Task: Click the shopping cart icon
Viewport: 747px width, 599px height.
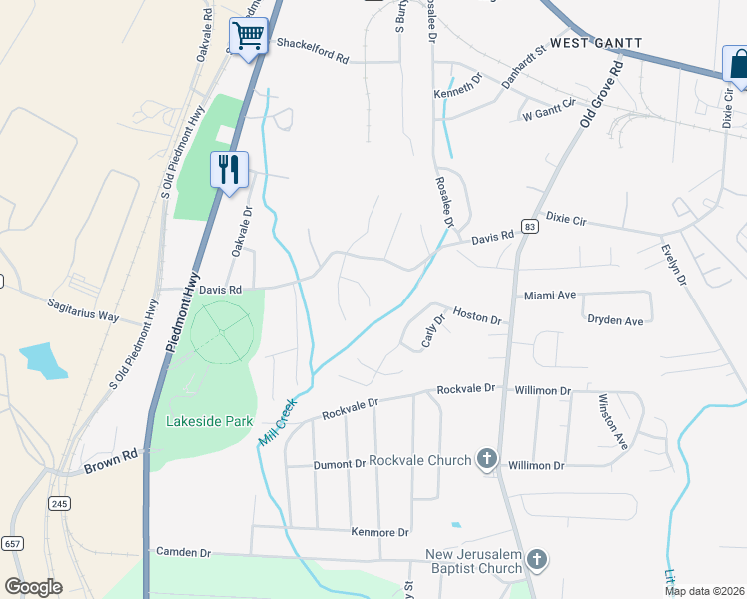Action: (x=250, y=37)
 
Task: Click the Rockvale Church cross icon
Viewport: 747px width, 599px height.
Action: (x=486, y=460)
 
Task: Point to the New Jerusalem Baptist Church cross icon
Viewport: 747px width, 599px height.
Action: (x=537, y=560)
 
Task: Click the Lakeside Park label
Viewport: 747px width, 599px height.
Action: (x=210, y=422)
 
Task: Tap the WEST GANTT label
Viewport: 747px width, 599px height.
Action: (x=595, y=43)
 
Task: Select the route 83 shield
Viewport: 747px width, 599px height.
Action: (x=529, y=228)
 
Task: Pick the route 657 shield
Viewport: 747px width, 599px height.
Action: (x=12, y=543)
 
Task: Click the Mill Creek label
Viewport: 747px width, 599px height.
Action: (x=280, y=422)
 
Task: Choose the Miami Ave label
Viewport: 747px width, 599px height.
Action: (x=551, y=296)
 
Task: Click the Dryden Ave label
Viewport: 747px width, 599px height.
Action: (x=615, y=321)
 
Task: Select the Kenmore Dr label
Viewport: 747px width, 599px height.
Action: (x=380, y=533)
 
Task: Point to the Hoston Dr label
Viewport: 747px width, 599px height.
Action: (x=476, y=316)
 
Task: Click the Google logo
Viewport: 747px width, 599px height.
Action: (x=33, y=587)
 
